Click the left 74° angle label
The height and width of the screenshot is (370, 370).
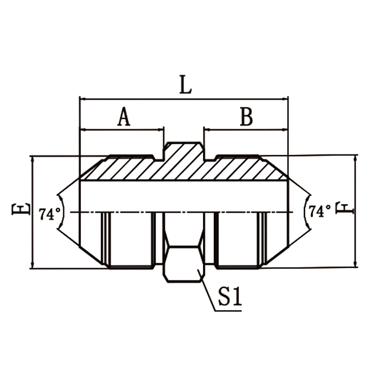tap(50, 214)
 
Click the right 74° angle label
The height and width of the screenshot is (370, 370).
tap(320, 212)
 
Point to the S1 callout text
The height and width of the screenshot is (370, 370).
tap(230, 298)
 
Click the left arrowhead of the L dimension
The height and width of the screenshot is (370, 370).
tap(83, 99)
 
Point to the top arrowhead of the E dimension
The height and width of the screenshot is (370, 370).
tap(32, 159)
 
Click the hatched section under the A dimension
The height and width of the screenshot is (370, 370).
tap(120, 169)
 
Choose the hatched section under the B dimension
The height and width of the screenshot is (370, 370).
tap(245, 169)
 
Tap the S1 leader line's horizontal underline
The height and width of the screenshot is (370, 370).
tap(228, 311)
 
